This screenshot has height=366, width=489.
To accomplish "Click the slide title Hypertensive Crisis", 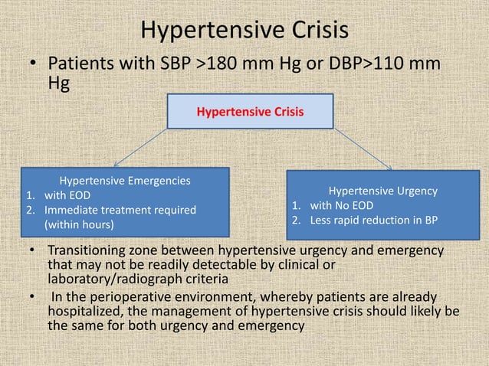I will click(244, 30).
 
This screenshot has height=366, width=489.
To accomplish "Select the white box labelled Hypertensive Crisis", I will click(250, 112).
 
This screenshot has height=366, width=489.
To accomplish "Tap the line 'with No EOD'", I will click(343, 206).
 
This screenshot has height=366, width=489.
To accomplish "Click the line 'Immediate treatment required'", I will click(120, 210).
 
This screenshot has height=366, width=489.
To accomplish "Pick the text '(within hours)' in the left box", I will click(79, 225).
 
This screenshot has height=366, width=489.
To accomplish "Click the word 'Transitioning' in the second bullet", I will click(92, 251).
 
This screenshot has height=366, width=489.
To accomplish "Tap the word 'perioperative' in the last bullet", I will click(129, 296).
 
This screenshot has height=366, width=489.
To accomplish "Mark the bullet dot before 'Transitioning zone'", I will click(34, 251).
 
